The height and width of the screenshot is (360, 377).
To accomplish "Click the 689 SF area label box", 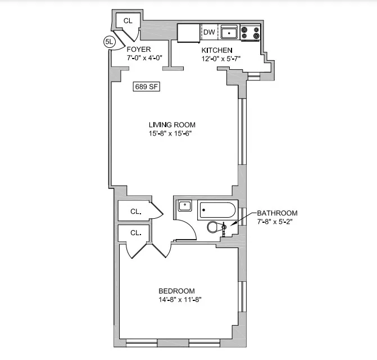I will tap(144, 87).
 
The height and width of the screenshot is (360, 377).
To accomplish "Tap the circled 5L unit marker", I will tap(110, 41).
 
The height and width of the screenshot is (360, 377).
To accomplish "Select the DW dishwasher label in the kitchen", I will tap(208, 32).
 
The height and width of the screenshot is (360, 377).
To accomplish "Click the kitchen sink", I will tap(229, 33).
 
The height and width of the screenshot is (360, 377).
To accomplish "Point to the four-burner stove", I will tap(251, 33).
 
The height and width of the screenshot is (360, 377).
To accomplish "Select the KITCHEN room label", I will tap(217, 50).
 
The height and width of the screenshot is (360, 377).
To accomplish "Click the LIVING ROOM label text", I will tap(172, 125).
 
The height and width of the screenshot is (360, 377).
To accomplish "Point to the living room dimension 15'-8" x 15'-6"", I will tap(172, 133).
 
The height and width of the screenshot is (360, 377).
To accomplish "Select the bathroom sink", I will tap(184, 205).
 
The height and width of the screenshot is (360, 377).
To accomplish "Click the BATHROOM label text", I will tap(277, 213).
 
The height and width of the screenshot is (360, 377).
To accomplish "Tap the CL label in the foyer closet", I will tap(128, 21).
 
